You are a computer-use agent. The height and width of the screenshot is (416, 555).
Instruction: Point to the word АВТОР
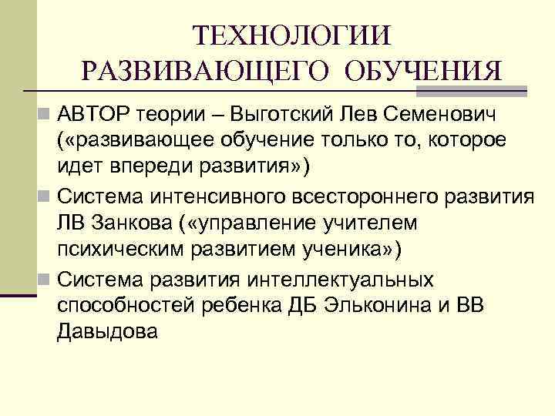[x=94, y=116]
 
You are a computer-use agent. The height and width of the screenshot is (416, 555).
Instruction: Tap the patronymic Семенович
[x=456, y=116]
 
